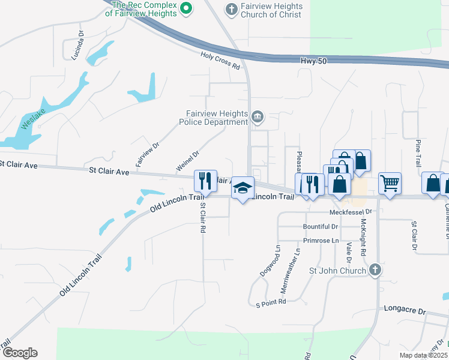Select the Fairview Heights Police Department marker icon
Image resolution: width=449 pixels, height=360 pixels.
pyautogui.click(x=258, y=117)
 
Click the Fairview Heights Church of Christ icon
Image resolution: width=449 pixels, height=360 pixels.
pyautogui.click(x=231, y=9)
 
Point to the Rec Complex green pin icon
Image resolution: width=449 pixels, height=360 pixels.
pyautogui.click(x=185, y=8)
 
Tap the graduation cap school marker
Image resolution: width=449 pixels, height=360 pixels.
pyautogui.click(x=243, y=188)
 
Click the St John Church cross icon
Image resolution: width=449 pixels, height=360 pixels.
pyautogui.click(x=375, y=270)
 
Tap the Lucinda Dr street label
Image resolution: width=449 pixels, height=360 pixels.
pyautogui.click(x=77, y=47)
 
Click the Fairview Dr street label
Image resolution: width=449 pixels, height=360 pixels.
pyautogui.click(x=147, y=154)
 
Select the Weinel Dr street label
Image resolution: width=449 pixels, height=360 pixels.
pyautogui.click(x=187, y=160)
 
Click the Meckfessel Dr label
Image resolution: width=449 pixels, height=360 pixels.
pyautogui.click(x=351, y=212)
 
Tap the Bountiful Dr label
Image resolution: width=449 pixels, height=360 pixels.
pyautogui.click(x=321, y=227)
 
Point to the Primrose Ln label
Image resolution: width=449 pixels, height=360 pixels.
pyautogui.click(x=321, y=240)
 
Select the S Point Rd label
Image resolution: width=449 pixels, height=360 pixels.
pyautogui.click(x=270, y=304)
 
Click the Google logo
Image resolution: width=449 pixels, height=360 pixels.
pyautogui.click(x=20, y=353)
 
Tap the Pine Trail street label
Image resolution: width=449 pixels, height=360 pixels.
pyautogui.click(x=418, y=154)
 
